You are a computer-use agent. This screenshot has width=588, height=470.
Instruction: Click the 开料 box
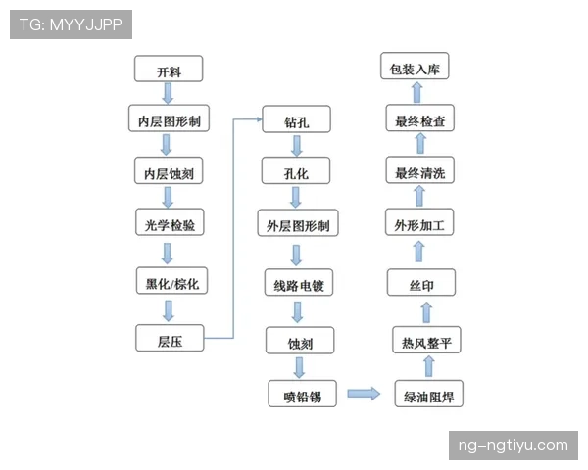coord(169,70)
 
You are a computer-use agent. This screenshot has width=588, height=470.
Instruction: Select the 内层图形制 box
coord(169,121)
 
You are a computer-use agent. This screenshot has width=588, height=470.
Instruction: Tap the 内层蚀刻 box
coord(169,173)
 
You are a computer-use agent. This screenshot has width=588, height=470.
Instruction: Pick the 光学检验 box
coord(169,225)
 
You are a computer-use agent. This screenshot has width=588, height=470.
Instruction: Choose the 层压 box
coord(169,339)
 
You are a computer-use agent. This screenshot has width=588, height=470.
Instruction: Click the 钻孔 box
coord(296,120)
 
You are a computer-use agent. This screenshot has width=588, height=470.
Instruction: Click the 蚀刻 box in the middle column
coord(299,343)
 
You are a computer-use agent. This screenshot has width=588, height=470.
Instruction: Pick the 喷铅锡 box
coord(302,395)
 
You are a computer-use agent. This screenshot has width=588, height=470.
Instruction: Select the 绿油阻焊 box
coord(428,396)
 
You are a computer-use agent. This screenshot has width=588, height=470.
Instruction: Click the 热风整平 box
coord(425,341)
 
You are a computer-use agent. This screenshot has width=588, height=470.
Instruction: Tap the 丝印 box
coord(421,285)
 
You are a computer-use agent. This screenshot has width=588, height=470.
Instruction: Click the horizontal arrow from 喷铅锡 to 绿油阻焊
coord(364,395)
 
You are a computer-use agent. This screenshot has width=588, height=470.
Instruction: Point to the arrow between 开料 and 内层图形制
coord(168,94)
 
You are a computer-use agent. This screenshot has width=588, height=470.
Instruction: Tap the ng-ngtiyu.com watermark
coord(513,446)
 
